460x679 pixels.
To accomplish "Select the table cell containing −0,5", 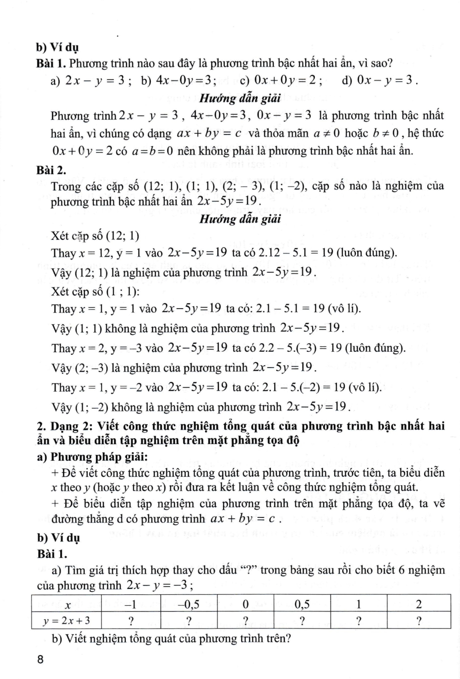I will [x=189, y=604].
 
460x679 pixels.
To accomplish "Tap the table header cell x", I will [x=66, y=604].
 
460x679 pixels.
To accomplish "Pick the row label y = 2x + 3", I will [x=66, y=620].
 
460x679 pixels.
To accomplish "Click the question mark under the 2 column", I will [x=418, y=620].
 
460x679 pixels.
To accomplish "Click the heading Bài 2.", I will [x=52, y=170].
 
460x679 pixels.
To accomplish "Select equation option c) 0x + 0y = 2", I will [x=281, y=81].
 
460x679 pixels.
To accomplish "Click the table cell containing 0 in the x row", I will [x=245, y=604].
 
